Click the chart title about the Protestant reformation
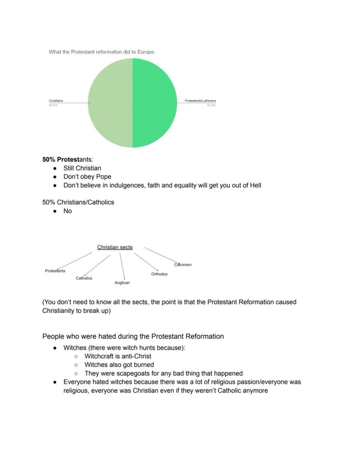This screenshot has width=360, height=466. point(102,52)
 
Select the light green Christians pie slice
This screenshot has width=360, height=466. point(110,103)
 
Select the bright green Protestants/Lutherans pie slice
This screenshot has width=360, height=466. point(155,103)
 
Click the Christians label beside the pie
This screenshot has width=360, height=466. point(56,101)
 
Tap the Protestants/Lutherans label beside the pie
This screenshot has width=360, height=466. point(200,101)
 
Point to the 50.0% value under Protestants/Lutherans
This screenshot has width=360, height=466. point(211,105)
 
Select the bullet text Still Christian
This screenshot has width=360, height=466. point(82,168)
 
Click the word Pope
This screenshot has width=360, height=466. point(103,177)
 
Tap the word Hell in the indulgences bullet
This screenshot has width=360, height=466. point(254,185)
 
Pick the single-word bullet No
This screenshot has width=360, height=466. point(67,211)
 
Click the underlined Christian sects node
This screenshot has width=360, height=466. point(115,247)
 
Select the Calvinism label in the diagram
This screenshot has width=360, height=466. point(183,265)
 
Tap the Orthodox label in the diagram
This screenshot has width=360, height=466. point(159,274)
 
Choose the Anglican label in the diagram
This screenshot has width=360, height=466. point(122,283)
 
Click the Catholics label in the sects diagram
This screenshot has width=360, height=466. point(84,278)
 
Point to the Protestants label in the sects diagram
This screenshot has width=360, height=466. point(55,271)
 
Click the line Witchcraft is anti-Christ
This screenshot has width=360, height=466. point(118,356)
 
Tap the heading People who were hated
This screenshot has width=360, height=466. point(133,336)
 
